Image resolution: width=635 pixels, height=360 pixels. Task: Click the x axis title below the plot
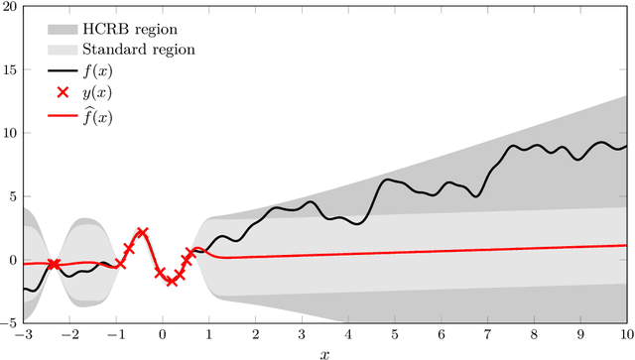pyautogui.click(x=324, y=352)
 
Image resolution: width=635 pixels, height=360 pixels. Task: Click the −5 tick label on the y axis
pyautogui.click(x=9, y=322)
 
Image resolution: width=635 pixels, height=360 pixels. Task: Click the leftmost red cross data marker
pyautogui.click(x=54, y=264)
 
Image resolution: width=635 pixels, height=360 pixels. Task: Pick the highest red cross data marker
pyautogui.click(x=142, y=233)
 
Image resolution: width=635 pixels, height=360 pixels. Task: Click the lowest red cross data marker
pyautogui.click(x=171, y=282)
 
